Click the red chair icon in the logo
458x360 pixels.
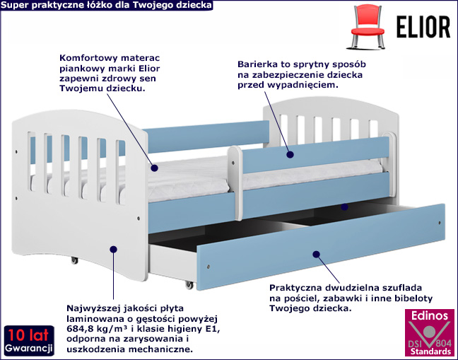(368, 26)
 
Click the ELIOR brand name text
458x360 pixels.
(423, 27)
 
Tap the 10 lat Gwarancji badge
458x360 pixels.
(29, 340)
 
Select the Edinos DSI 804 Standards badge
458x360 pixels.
(430, 334)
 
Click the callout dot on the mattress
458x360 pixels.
(155, 168)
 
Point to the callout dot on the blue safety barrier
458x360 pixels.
(290, 155)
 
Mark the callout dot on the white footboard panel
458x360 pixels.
(113, 249)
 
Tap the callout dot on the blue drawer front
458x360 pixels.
(316, 254)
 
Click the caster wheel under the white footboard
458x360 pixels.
(74, 260)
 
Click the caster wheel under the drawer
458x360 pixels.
(189, 285)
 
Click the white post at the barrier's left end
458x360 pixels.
(235, 183)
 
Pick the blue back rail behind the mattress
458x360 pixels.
(206, 137)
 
